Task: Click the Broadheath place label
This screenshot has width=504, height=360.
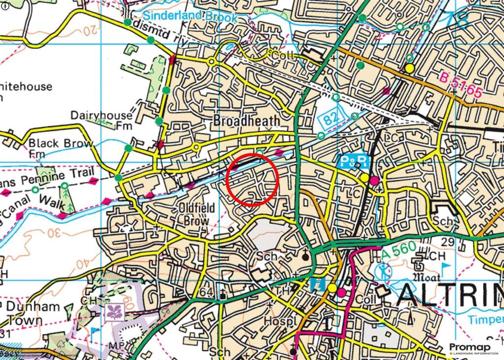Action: tap(247, 121)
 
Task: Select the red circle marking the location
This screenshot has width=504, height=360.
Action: tap(253, 179)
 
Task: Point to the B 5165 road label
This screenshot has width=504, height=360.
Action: tap(461, 84)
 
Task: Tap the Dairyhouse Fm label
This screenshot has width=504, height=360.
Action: tap(101, 120)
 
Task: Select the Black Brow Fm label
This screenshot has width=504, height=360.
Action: tap(60, 147)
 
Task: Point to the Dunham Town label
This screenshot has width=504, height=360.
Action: tap(32, 313)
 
